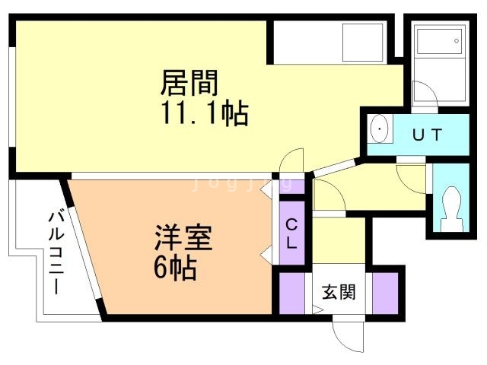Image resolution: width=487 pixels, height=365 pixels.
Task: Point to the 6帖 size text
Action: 174,268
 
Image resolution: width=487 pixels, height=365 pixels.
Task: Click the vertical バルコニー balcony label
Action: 56,251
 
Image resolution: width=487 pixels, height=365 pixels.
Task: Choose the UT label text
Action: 427,135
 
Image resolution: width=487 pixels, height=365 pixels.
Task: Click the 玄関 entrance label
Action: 339,291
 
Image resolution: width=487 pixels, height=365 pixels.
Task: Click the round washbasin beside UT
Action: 379,132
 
